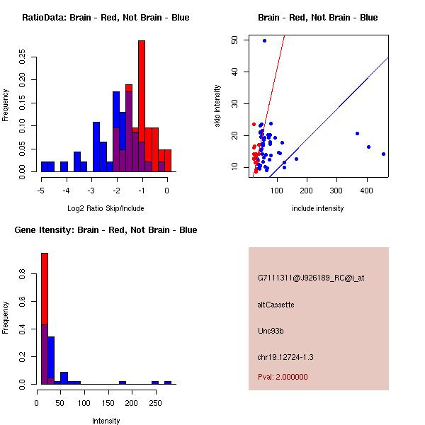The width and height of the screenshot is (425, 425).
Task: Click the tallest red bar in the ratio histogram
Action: (142, 106)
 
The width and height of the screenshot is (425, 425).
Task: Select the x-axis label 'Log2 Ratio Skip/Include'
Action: (105, 208)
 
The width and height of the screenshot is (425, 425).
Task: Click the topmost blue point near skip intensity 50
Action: (264, 40)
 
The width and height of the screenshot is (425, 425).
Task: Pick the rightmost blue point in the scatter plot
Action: (383, 154)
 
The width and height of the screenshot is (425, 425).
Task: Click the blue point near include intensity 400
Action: (368, 147)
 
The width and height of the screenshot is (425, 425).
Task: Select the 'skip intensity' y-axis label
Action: (217, 106)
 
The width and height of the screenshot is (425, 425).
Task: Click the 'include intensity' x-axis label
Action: (317, 208)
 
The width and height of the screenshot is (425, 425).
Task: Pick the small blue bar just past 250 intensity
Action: (168, 382)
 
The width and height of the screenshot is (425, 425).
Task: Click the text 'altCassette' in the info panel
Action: (276, 305)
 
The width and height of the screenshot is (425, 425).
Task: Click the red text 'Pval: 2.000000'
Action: (283, 377)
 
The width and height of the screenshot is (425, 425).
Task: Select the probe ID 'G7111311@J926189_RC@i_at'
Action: (311, 278)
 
